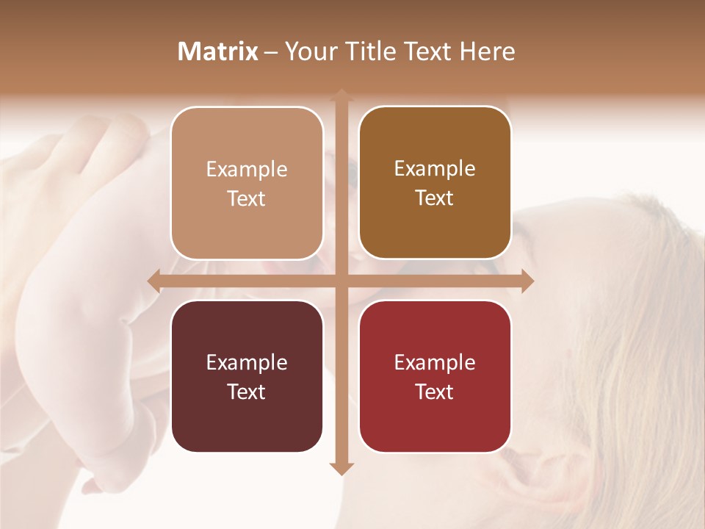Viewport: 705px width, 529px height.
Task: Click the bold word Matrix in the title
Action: pyautogui.click(x=218, y=51)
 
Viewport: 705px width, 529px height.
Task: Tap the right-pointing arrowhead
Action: pyautogui.click(x=527, y=281)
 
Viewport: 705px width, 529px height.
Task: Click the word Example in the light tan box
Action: pyautogui.click(x=247, y=170)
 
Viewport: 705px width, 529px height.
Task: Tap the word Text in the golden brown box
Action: pyautogui.click(x=435, y=198)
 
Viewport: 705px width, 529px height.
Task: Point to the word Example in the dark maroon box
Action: pyautogui.click(x=247, y=363)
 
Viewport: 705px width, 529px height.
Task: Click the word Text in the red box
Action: pyautogui.click(x=435, y=392)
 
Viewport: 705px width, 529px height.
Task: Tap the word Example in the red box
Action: pyautogui.click(x=435, y=363)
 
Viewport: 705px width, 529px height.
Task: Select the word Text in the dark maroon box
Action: pyautogui.click(x=247, y=392)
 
